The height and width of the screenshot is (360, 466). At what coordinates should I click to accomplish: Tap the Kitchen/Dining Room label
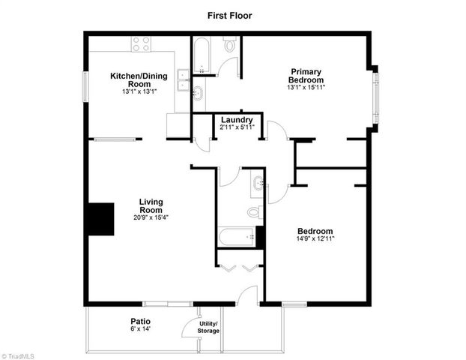click(139, 79)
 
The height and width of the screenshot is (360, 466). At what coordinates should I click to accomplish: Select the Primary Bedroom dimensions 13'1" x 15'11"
click(306, 87)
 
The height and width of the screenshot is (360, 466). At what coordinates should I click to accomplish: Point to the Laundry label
click(237, 120)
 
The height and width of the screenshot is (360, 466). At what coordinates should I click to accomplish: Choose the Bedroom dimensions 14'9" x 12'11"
click(315, 238)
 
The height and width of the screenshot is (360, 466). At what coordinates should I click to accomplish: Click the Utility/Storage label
click(208, 327)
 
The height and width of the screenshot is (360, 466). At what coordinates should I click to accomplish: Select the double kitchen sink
click(182, 78)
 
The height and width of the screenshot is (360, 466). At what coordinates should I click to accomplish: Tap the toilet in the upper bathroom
click(231, 46)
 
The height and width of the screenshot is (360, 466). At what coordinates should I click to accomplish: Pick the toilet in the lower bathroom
click(255, 212)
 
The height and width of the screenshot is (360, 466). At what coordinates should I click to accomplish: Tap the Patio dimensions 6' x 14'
click(140, 328)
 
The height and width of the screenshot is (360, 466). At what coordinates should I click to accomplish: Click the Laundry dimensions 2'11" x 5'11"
click(237, 127)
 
